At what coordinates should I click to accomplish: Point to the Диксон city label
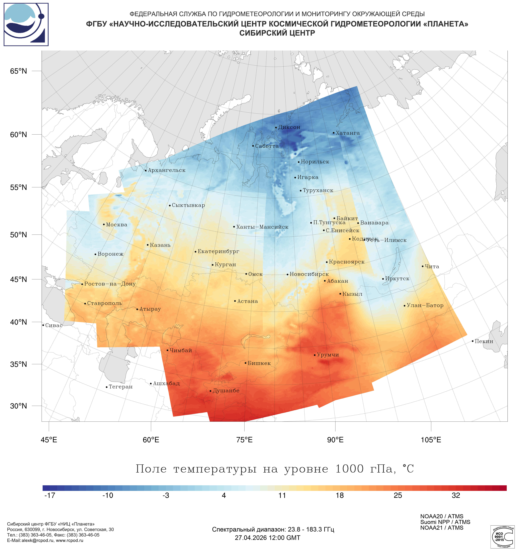coord(289,127)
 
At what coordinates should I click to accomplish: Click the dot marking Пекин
coord(472,341)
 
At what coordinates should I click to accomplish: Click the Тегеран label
coord(120,387)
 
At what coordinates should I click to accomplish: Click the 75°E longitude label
coord(244,440)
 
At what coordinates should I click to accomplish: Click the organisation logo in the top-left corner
coord(26,24)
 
